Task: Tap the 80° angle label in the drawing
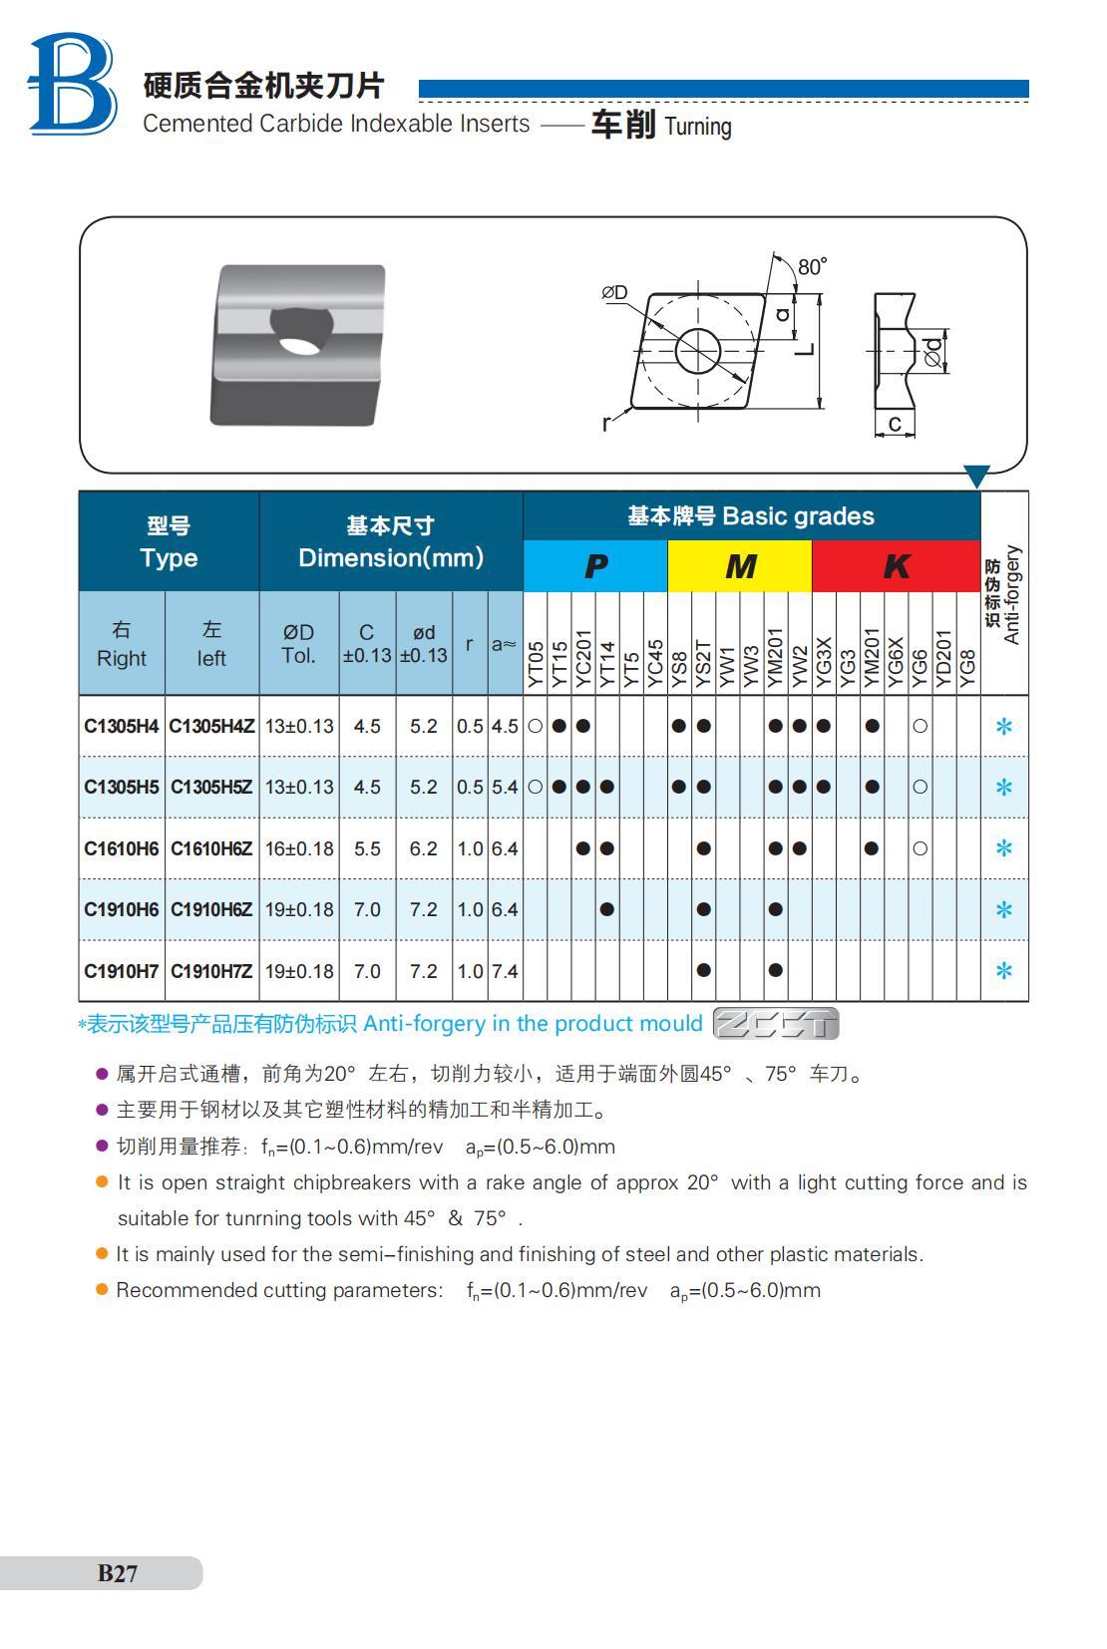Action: pos(812,266)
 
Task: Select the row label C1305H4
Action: pos(121,726)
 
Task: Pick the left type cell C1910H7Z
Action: pos(210,971)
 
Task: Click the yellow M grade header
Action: pos(739,566)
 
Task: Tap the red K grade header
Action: pos(896,566)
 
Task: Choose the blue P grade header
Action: pos(594,566)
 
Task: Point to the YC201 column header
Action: pos(583,657)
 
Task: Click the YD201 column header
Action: pos(943,657)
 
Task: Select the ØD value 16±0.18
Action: pos(299,848)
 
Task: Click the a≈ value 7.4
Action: pos(505,971)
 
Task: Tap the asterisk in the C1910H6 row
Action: pos(1004,909)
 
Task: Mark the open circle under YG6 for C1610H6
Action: pos(920,848)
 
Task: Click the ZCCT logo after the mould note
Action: pos(777,1024)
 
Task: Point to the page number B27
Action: pos(117,1573)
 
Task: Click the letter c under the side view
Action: pos(895,424)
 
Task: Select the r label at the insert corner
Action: pos(605,423)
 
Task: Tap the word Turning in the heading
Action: pos(698,127)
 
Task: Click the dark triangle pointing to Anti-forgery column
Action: pos(976,477)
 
